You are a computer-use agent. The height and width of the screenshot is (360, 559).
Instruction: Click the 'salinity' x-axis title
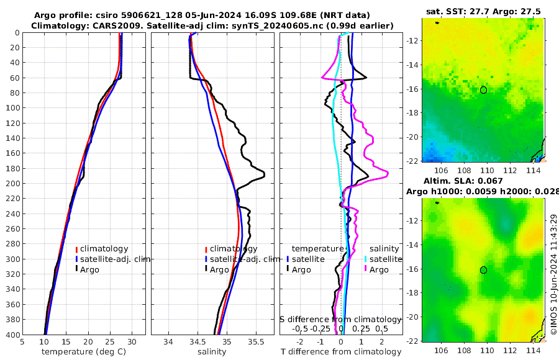click(x=212, y=352)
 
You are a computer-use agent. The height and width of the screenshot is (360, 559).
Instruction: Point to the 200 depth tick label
click(x=11, y=183)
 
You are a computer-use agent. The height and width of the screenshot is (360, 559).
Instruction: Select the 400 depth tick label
click(x=11, y=335)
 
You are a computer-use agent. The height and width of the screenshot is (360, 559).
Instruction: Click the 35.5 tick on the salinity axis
click(x=256, y=341)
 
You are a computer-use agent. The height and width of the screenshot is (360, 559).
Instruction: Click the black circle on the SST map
click(x=483, y=90)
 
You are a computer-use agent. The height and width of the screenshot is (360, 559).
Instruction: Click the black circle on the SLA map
click(x=483, y=270)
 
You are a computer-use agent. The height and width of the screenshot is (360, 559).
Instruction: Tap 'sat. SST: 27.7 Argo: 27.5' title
click(x=483, y=11)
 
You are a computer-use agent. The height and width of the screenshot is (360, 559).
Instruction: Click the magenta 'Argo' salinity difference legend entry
click(x=378, y=269)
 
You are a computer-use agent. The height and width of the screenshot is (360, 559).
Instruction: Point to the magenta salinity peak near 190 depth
click(x=388, y=175)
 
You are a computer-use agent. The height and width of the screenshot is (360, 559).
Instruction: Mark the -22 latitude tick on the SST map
click(x=414, y=161)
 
